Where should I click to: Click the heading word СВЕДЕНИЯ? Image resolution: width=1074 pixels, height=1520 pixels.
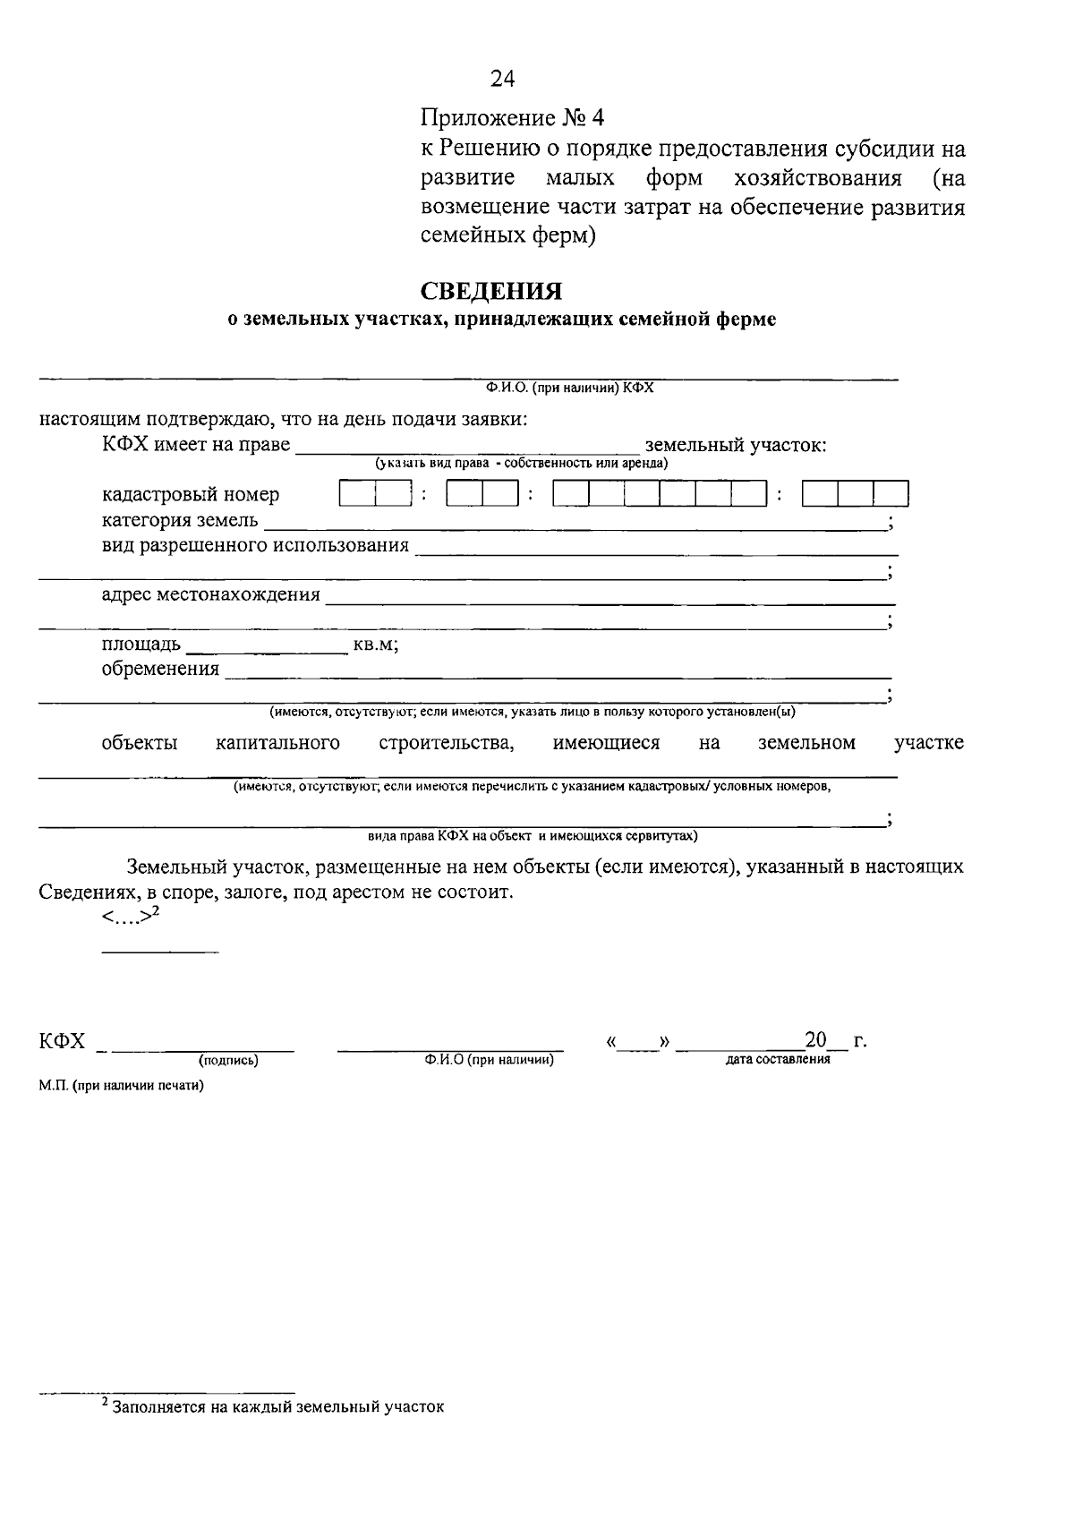(491, 292)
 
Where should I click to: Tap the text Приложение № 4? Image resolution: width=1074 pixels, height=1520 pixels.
(513, 118)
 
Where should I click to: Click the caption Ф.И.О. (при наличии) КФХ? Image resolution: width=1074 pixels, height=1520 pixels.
(570, 388)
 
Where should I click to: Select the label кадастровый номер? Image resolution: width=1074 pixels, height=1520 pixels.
(191, 494)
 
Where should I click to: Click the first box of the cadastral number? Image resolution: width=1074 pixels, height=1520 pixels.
(357, 494)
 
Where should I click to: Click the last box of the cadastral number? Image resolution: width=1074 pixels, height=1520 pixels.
(891, 494)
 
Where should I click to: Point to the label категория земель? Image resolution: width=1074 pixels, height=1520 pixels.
(180, 520)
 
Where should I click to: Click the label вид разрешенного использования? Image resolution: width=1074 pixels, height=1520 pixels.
(255, 545)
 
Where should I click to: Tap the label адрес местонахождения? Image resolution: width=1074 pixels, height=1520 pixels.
(210, 594)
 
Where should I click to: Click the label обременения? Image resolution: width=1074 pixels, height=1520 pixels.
(160, 669)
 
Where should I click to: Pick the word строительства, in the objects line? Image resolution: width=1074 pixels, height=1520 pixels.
(446, 743)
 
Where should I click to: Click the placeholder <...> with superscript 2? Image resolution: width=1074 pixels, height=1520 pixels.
(131, 916)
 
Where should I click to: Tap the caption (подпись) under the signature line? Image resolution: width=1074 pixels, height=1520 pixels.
(228, 1061)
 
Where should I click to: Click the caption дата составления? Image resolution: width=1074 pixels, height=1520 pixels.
(777, 1059)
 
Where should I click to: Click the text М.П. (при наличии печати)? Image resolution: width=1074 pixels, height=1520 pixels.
(121, 1086)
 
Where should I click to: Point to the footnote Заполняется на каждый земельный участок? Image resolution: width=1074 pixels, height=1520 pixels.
(277, 1406)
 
